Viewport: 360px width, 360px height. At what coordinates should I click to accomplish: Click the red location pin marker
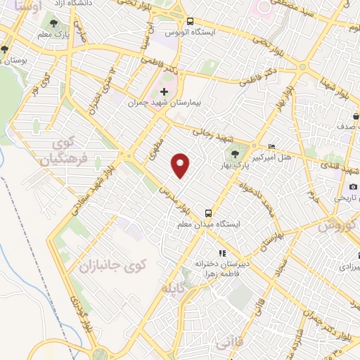[x=182, y=165]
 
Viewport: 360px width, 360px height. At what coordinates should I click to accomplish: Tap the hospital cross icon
[x=165, y=91]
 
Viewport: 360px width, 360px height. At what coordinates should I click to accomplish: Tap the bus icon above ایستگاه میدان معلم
[x=208, y=212]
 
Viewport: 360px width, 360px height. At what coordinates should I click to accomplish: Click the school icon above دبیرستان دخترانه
[x=221, y=252]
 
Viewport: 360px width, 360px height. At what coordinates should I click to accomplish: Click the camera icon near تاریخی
[x=353, y=186]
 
